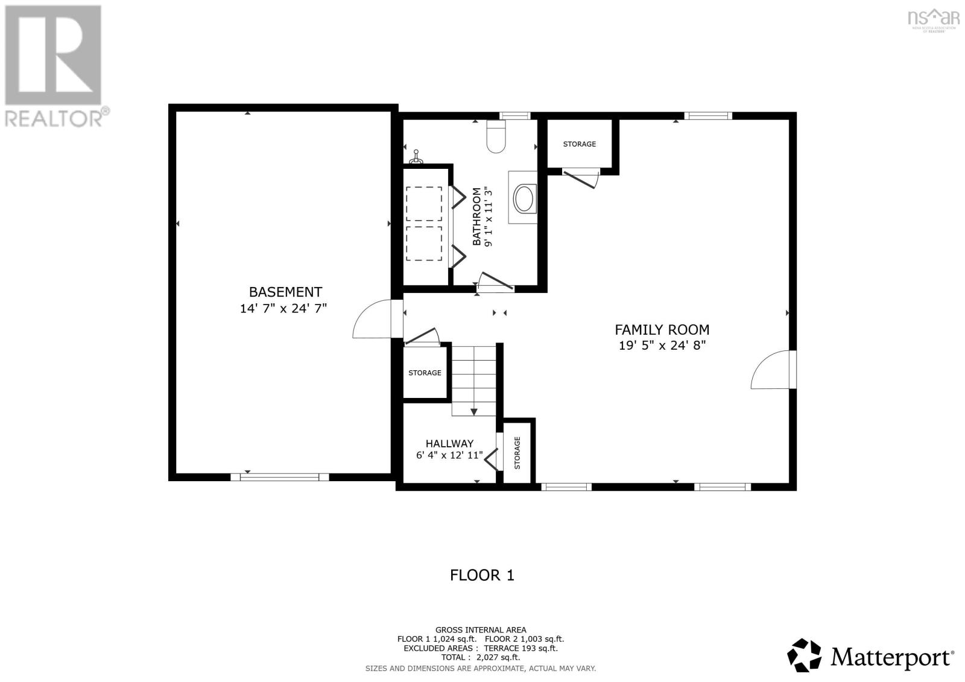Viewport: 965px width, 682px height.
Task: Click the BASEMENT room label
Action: tap(285, 292)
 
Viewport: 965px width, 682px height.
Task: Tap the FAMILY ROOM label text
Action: tap(662, 330)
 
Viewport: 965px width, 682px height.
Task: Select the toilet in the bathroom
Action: tap(496, 137)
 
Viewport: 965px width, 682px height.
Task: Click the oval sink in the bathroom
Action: tap(523, 199)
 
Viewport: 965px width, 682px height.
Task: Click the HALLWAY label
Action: tap(449, 443)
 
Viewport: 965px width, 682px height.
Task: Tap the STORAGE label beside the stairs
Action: tap(425, 373)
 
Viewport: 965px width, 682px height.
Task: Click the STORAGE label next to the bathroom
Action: tap(579, 144)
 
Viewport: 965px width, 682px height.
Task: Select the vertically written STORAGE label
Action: tap(517, 452)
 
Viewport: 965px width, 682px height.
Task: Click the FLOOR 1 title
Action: tap(482, 575)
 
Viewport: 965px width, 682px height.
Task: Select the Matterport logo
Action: tap(871, 655)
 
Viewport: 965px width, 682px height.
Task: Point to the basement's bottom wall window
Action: tap(280, 477)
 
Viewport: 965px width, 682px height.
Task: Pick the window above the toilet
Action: tap(514, 116)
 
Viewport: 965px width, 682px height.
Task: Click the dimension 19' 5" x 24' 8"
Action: tap(662, 346)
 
